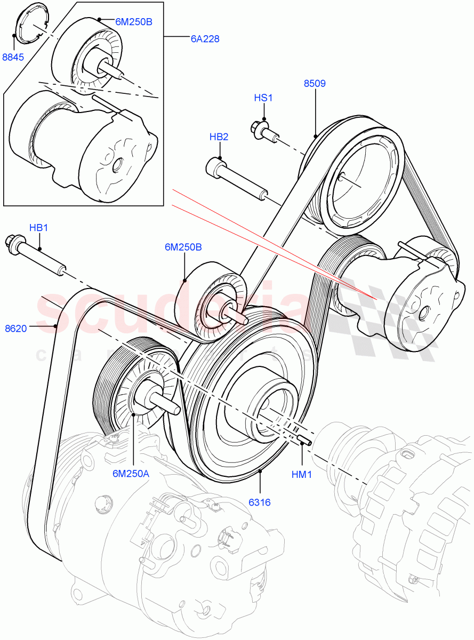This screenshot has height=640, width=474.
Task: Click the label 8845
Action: click(13, 57)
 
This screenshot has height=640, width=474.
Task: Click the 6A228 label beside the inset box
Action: click(205, 38)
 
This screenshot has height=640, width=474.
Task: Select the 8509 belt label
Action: click(315, 83)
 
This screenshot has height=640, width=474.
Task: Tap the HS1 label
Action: click(263, 98)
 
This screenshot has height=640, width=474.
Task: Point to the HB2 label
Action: click(219, 137)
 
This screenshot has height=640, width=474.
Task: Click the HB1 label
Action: click(38, 228)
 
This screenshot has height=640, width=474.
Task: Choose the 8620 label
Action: click(16, 329)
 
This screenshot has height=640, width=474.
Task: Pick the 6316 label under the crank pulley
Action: click(260, 502)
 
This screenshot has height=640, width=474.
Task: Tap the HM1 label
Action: click(302, 474)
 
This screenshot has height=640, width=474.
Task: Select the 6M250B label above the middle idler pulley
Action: click(183, 247)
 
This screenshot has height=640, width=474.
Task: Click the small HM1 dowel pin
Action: click(305, 439)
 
